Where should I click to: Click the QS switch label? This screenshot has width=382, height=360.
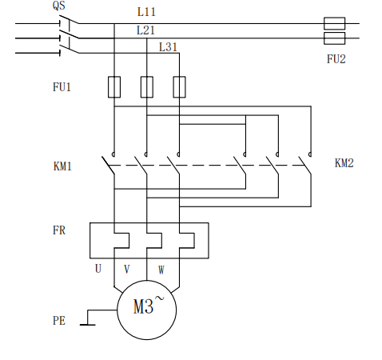59,6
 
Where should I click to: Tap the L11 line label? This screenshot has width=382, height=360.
146,12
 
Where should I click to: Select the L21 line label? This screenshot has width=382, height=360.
145,30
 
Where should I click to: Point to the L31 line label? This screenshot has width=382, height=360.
168,47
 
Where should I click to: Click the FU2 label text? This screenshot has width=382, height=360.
336,59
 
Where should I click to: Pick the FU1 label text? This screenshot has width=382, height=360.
62,87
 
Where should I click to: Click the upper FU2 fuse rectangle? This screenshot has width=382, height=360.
335,23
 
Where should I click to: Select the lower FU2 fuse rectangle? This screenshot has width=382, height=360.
335,38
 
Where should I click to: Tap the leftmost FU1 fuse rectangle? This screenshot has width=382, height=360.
114,87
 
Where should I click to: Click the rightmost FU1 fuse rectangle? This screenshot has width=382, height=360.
179,87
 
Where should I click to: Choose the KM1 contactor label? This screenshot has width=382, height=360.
62,166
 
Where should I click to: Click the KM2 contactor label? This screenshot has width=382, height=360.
344,163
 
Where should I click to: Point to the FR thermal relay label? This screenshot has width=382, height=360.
59,230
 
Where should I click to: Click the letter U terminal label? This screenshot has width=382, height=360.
98,269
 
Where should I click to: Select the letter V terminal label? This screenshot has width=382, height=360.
127,270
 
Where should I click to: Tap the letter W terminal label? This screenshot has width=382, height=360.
161,270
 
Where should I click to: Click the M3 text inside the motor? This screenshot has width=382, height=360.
143,306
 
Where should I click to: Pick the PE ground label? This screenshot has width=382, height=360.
59,321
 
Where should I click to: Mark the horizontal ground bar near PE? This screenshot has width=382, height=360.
88,325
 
